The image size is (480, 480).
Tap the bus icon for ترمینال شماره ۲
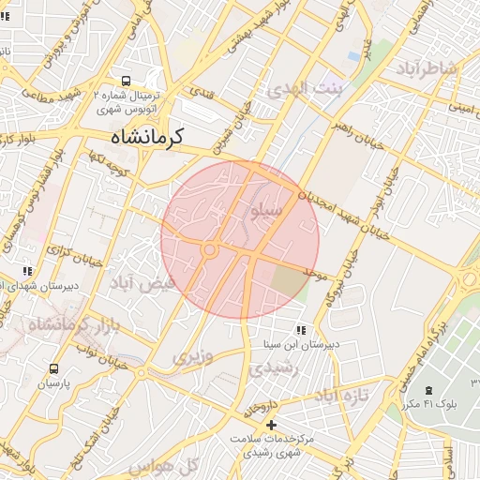[x=127, y=82]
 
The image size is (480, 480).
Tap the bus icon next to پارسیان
[x=53, y=368]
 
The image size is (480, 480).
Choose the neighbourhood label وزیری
[x=192, y=356]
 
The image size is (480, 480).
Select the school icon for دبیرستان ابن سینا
[x=300, y=330]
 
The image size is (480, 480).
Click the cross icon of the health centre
[x=272, y=425]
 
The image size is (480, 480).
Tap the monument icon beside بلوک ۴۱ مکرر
[x=428, y=390]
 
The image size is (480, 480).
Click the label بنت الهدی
[x=300, y=89]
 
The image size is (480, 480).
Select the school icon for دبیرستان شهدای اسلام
[x=27, y=272]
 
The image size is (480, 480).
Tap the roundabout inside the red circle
[x=209, y=249]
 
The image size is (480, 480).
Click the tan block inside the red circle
[x=289, y=279]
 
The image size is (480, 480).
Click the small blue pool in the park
[x=353, y=55]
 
